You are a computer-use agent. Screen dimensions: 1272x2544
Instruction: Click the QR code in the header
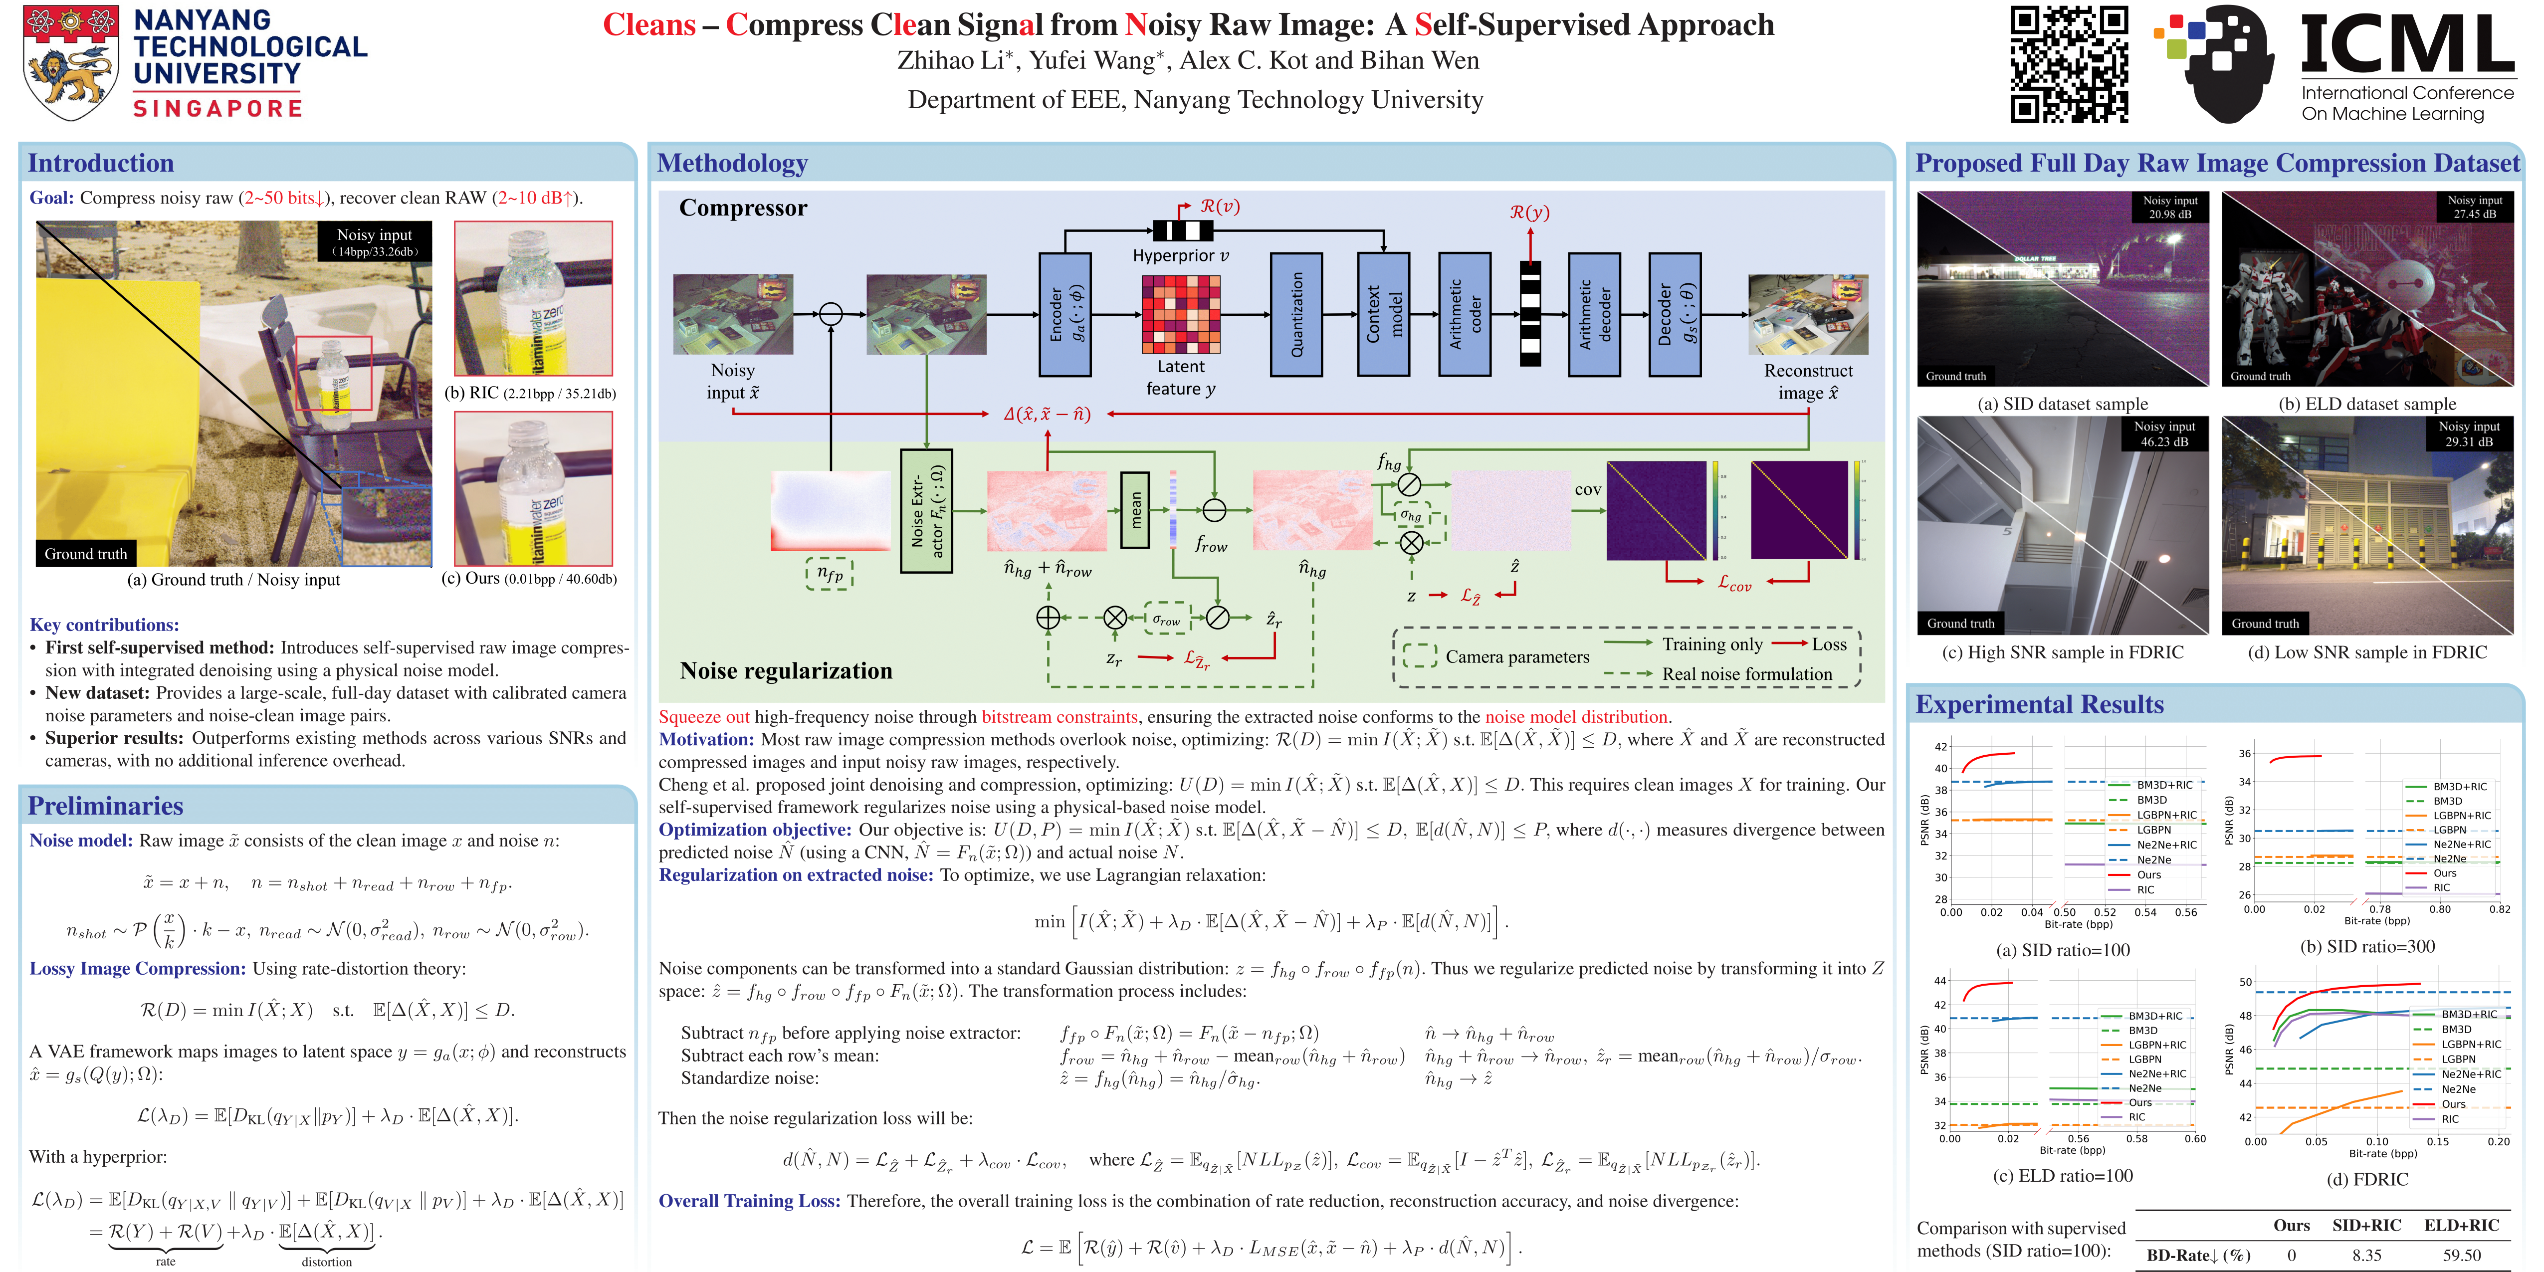coord(2069,64)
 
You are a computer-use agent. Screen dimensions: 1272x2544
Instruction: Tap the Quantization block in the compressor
coord(1296,314)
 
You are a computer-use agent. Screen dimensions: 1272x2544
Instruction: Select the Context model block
coord(1383,314)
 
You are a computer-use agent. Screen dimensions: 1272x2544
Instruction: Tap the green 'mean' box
coord(1135,510)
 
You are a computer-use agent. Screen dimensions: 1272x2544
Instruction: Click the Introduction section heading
coord(101,163)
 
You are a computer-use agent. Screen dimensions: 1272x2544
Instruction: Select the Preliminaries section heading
coord(106,806)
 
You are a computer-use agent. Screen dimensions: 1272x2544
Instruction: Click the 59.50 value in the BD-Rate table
coord(2461,1255)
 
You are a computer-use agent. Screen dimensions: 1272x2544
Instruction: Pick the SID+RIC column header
coord(2366,1226)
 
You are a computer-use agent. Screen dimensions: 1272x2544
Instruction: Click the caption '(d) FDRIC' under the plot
coord(2380,1179)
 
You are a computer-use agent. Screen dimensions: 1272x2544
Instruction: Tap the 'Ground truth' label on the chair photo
coord(86,554)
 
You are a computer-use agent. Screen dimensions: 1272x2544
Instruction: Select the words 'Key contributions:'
coord(105,624)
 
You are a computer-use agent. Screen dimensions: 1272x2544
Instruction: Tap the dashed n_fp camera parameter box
coord(830,574)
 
